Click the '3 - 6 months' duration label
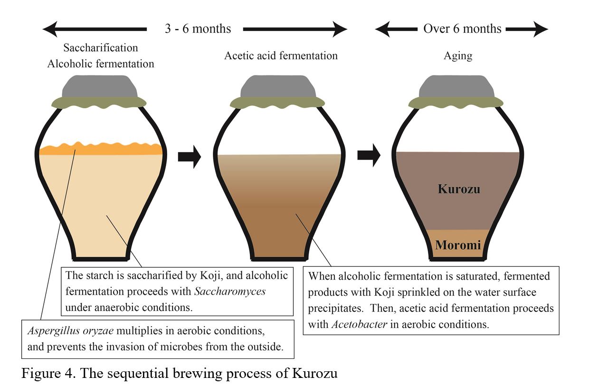(x=198, y=29)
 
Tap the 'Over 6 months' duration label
(x=462, y=29)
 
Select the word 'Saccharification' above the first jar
(x=101, y=48)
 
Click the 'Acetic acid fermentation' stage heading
(x=281, y=56)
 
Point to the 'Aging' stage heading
(x=458, y=56)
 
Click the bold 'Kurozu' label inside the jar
(x=459, y=189)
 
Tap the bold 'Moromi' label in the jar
(x=458, y=245)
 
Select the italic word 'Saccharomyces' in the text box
(x=232, y=291)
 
